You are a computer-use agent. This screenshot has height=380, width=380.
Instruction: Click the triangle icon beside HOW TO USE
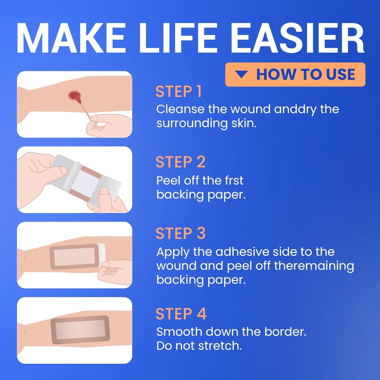coord(241,74)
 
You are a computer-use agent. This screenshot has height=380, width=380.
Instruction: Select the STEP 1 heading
coord(179,92)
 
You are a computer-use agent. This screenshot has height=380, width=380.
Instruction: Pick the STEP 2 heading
coord(180,162)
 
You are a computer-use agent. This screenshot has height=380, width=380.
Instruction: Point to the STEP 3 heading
coord(180,234)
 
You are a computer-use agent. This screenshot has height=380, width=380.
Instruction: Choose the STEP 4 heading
coord(181,314)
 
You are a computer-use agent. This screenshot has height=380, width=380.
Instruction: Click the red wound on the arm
coord(74,96)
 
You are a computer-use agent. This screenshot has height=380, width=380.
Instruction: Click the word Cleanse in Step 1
coord(180,109)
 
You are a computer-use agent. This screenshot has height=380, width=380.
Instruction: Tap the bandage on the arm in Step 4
coord(80,330)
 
